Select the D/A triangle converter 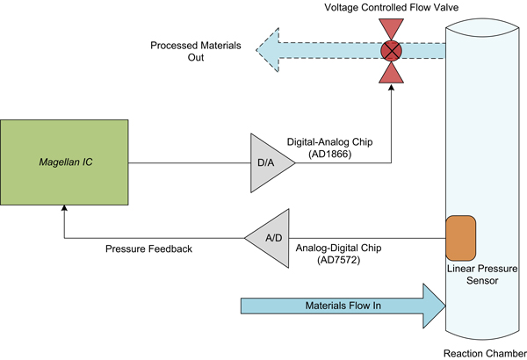(263, 163)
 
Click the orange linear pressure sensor (461, 236)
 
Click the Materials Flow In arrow (343, 306)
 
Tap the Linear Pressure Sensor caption (482, 273)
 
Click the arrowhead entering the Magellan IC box (63, 207)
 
